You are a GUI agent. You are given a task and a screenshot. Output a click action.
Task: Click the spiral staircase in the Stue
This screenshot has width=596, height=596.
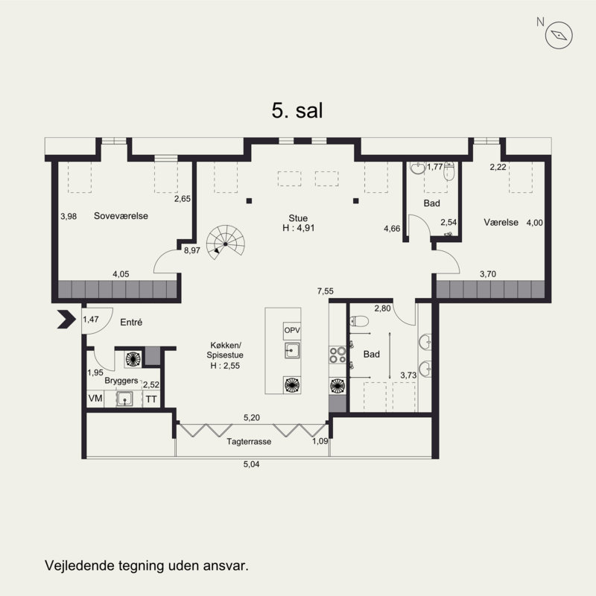tap(226, 243)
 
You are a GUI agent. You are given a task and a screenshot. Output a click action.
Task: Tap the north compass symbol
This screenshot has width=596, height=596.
tap(559, 35)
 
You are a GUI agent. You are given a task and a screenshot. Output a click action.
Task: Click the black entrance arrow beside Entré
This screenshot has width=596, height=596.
tap(66, 319)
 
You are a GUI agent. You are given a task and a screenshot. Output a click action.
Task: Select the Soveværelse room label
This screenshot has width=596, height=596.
tap(121, 216)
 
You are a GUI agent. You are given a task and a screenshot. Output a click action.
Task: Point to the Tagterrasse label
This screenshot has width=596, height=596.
tap(249, 442)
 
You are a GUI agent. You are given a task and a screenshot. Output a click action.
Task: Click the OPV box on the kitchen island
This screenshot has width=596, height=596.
tap(292, 331)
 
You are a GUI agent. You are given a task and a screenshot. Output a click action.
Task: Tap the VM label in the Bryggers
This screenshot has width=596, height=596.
tap(95, 398)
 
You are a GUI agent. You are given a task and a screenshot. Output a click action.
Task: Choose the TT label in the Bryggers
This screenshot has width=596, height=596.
tap(151, 399)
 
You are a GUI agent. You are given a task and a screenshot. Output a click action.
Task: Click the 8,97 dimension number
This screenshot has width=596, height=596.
tap(192, 250)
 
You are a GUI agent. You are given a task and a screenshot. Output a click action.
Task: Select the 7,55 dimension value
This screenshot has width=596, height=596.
tap(326, 291)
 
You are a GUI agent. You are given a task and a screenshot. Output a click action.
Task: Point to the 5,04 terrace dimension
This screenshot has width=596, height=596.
tap(251, 464)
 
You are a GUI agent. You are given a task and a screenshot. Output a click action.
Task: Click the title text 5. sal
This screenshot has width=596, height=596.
tap(297, 110)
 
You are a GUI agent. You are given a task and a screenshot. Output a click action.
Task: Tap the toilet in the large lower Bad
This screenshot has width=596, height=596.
tap(359, 322)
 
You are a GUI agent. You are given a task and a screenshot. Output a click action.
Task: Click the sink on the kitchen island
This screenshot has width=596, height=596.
tap(292, 350)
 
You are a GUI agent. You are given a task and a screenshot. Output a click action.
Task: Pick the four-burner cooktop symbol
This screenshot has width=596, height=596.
tap(337, 355)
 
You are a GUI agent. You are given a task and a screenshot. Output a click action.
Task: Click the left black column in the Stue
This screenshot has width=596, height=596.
tap(249, 200)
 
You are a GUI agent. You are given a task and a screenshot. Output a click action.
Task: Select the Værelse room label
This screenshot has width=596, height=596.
tap(501, 222)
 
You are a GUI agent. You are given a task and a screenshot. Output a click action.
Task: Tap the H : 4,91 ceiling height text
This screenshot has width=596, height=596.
tap(299, 228)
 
